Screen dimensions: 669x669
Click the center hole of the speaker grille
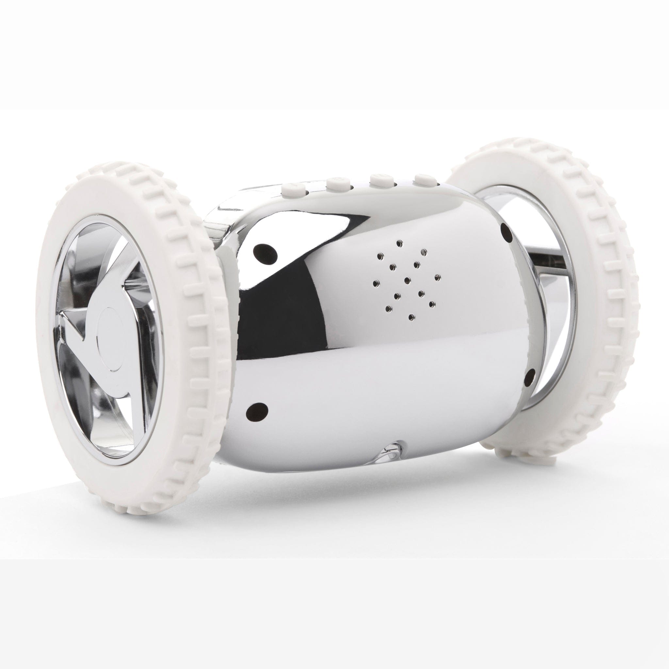coord(408,279)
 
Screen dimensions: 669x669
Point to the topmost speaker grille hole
coord(400,243)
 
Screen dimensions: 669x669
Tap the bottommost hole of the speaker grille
coord(411,317)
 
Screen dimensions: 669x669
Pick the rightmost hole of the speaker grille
coord(438,277)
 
